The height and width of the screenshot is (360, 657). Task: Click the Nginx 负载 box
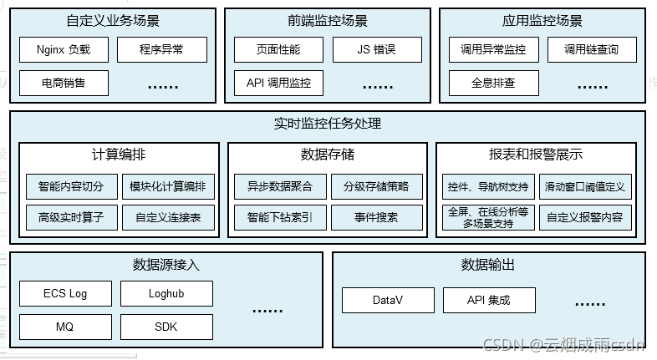tap(64, 50)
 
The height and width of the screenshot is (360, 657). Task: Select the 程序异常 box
tap(161, 50)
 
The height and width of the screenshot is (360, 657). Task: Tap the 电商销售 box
tap(64, 83)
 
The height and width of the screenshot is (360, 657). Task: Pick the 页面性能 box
tap(278, 50)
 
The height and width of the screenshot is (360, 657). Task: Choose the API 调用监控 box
tap(278, 83)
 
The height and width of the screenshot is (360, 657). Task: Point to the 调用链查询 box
tap(591, 50)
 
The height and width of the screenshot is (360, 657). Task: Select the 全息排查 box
tap(493, 83)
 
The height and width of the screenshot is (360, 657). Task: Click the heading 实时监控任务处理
tap(328, 124)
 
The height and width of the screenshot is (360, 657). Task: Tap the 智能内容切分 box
tap(71, 186)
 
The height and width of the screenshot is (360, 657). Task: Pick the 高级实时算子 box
tap(71, 218)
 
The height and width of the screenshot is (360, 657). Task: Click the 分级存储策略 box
tap(376, 186)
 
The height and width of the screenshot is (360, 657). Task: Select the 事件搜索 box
tap(376, 218)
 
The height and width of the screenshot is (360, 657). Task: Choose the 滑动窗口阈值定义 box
tap(585, 186)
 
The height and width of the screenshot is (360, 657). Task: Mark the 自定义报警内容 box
tap(585, 218)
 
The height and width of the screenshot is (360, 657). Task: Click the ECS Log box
tap(65, 294)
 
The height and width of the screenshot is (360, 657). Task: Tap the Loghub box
tap(166, 294)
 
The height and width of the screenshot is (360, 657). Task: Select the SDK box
tap(166, 327)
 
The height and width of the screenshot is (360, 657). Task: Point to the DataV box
tap(388, 300)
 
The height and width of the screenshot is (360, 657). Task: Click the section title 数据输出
tap(487, 265)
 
